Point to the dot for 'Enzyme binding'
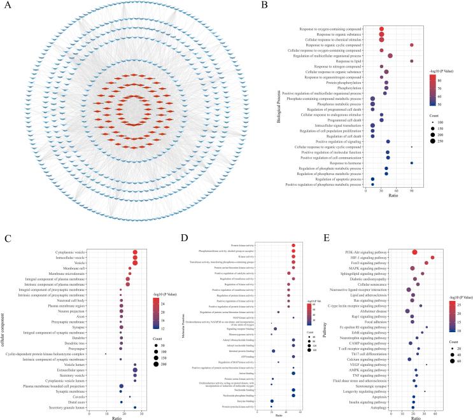pyautogui.click(x=272, y=401)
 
